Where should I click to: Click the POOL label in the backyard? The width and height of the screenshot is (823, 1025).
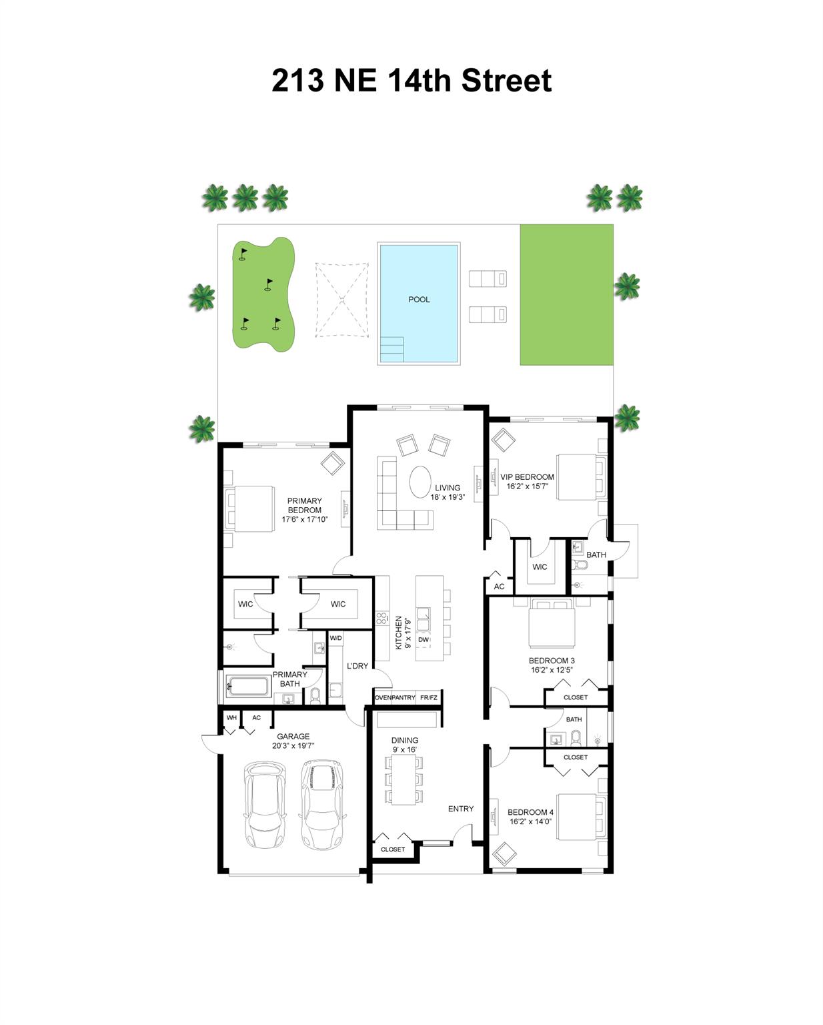(x=419, y=300)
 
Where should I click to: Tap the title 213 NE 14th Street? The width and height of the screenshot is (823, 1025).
(x=411, y=81)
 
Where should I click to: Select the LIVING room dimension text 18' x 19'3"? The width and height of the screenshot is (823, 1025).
(x=447, y=497)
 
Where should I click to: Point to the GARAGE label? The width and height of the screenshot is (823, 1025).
(x=293, y=737)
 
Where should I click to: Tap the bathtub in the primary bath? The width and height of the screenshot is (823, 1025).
(x=247, y=686)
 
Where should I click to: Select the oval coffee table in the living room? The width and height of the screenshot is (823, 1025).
(x=421, y=481)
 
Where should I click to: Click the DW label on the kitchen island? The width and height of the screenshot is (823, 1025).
(x=424, y=640)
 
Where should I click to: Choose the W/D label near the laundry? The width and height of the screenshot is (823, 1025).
(x=335, y=639)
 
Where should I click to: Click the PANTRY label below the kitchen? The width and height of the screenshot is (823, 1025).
(x=403, y=698)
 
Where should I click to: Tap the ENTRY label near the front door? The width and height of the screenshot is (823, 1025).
(x=460, y=809)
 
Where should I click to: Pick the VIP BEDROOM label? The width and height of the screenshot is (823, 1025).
(x=527, y=477)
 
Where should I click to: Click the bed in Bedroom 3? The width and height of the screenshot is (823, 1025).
(x=551, y=624)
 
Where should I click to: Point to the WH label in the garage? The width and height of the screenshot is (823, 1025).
(x=231, y=718)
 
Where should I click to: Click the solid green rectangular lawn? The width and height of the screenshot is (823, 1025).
(x=566, y=295)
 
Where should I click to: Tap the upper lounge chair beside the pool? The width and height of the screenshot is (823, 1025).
(x=488, y=278)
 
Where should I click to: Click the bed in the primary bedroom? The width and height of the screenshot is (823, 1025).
(x=251, y=508)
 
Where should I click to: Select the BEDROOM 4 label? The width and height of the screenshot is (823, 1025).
(x=530, y=812)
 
